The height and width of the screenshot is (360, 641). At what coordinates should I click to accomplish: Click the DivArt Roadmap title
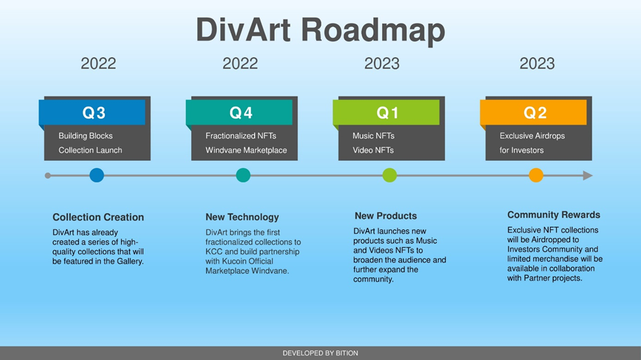[x=320, y=31]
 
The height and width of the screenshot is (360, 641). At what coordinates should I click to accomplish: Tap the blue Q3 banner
[x=92, y=113]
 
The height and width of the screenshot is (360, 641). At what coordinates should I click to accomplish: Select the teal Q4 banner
[x=239, y=113]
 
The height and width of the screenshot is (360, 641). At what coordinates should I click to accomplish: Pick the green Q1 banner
[x=387, y=113]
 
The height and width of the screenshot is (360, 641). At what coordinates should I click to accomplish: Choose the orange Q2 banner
[x=534, y=113]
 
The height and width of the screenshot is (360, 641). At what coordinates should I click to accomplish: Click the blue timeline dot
[x=97, y=176]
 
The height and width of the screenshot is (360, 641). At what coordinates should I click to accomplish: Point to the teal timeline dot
[x=244, y=176]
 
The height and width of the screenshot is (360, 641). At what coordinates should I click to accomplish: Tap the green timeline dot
[x=389, y=176]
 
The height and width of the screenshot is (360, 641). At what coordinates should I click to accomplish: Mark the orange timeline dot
[x=536, y=176]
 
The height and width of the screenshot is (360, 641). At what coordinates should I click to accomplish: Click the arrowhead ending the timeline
[x=588, y=176]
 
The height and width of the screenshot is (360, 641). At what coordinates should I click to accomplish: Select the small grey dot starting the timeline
[x=48, y=176]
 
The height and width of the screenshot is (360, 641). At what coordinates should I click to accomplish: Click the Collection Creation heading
[x=98, y=217]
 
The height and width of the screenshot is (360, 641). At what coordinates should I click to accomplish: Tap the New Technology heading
[x=242, y=217]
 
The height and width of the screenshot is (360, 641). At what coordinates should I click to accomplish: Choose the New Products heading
[x=385, y=216]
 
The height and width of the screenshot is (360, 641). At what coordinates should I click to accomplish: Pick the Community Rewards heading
[x=553, y=215]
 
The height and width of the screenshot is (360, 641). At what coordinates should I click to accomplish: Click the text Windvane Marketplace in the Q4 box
[x=246, y=151]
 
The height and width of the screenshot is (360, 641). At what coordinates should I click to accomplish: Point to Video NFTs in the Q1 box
[x=373, y=151]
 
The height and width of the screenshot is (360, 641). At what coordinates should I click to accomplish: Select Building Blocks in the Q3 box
[x=85, y=136]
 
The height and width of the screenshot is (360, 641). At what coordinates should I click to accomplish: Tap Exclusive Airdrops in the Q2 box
[x=532, y=136]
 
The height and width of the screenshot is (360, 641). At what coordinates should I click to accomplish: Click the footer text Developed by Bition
[x=320, y=353]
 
